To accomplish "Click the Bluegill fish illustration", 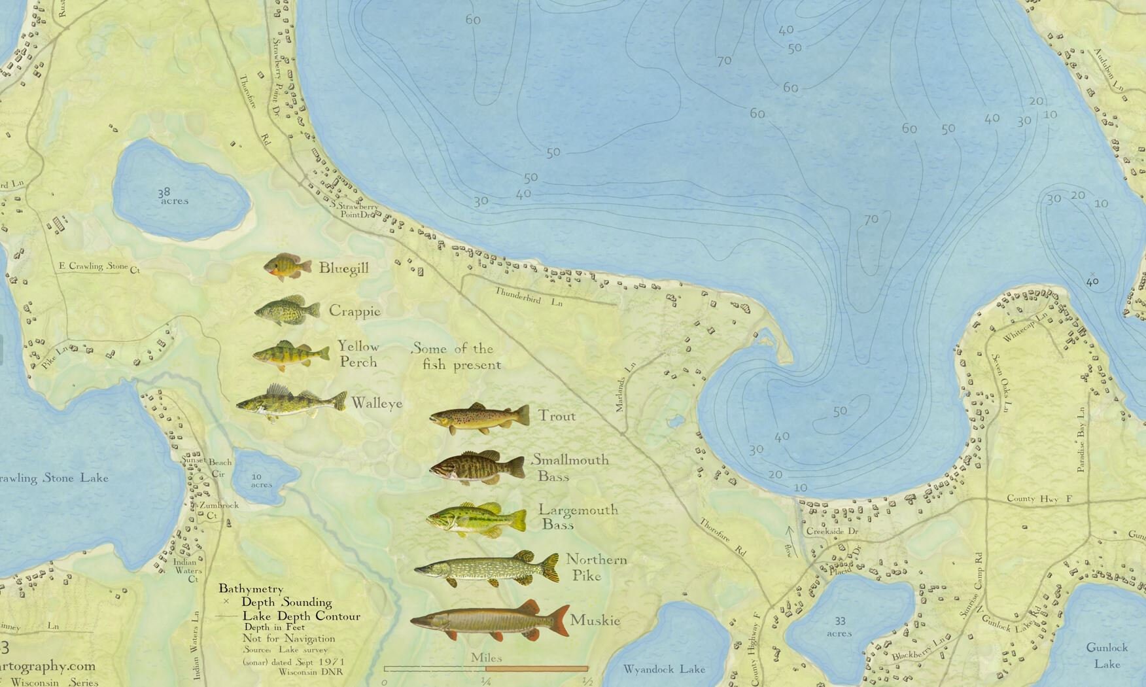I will click(x=288, y=267).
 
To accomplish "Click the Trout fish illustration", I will click(x=479, y=418).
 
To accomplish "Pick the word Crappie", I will click(x=355, y=311).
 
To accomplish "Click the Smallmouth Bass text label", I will click(x=570, y=467).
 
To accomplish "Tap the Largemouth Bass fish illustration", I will click(x=476, y=520).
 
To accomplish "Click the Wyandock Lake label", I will click(x=664, y=669).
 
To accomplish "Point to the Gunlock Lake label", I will click(x=1107, y=655).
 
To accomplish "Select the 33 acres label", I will click(x=839, y=627).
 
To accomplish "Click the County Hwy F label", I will click(x=1040, y=499).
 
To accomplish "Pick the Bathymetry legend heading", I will click(x=251, y=589).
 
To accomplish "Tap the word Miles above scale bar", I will click(x=486, y=657).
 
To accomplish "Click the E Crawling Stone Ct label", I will click(x=99, y=267).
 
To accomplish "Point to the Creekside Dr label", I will click(x=832, y=531).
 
